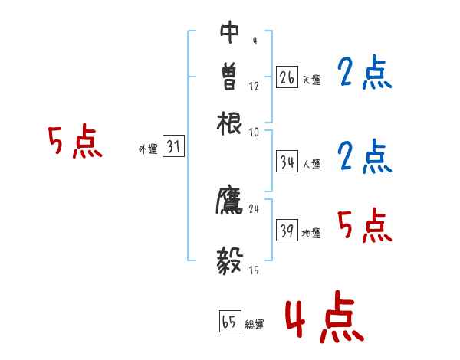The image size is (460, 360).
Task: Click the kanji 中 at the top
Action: (x=230, y=33)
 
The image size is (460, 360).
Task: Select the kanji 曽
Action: (x=230, y=77)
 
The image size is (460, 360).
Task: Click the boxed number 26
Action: (x=287, y=77)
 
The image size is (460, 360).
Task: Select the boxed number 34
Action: (x=287, y=162)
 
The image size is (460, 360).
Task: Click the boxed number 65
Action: (x=229, y=322)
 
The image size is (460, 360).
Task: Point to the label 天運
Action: (x=312, y=80)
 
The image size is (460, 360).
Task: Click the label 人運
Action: (x=312, y=164)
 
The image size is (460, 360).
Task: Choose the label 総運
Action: (x=255, y=325)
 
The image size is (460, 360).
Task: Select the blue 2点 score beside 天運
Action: (x=364, y=74)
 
